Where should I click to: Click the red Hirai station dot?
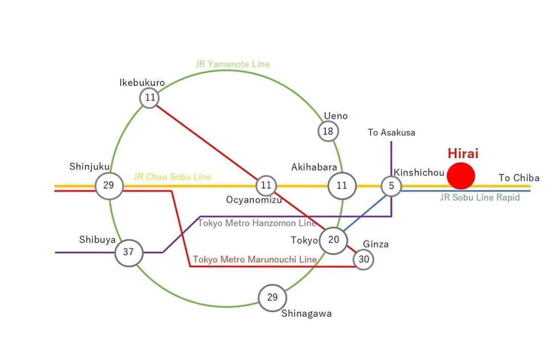(x=460, y=176)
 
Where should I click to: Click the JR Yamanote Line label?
(x=233, y=64)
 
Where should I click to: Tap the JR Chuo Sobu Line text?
(x=172, y=177)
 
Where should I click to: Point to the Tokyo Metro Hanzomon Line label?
(x=257, y=223)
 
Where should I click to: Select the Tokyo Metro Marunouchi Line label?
(x=254, y=259)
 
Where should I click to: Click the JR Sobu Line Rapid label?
(x=480, y=197)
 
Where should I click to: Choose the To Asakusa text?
(x=392, y=133)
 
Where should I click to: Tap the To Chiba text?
(x=519, y=178)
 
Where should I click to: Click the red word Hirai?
(x=463, y=153)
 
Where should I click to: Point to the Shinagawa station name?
(x=306, y=314)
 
